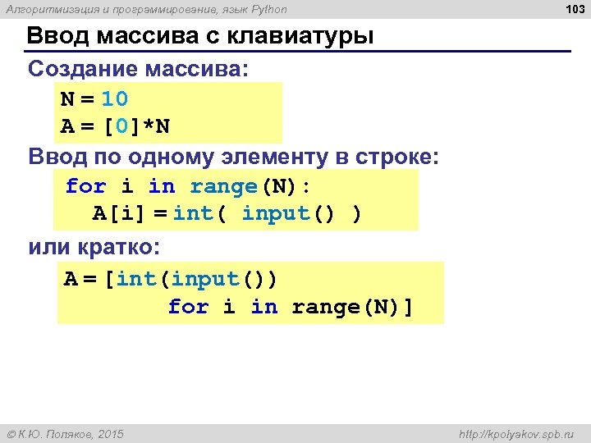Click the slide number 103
575,9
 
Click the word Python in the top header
268,9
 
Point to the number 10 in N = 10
115,99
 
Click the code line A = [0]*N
116,127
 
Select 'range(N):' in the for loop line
250,186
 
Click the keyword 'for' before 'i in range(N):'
85,186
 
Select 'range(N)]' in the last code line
353,307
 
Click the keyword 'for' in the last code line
188,307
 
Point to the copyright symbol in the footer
11,433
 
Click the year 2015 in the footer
110,433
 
